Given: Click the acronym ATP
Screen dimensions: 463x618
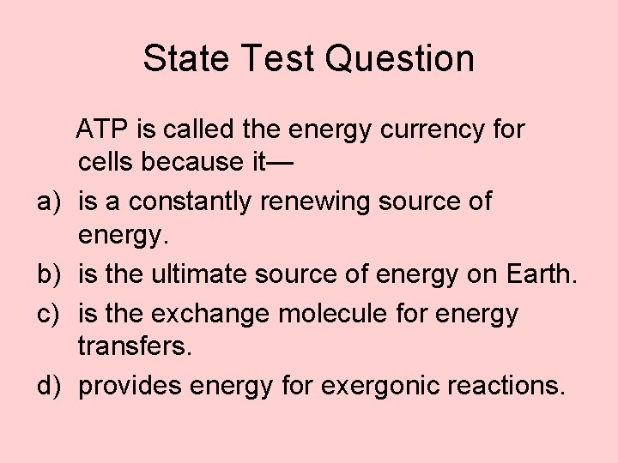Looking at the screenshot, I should (102, 130).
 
